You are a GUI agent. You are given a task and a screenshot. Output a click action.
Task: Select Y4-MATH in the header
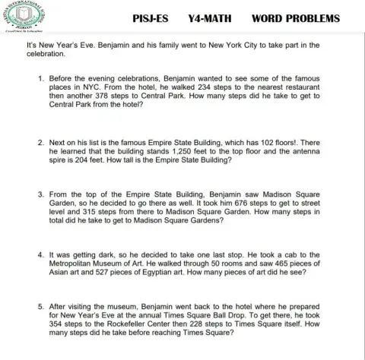pyautogui.click(x=208, y=17)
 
